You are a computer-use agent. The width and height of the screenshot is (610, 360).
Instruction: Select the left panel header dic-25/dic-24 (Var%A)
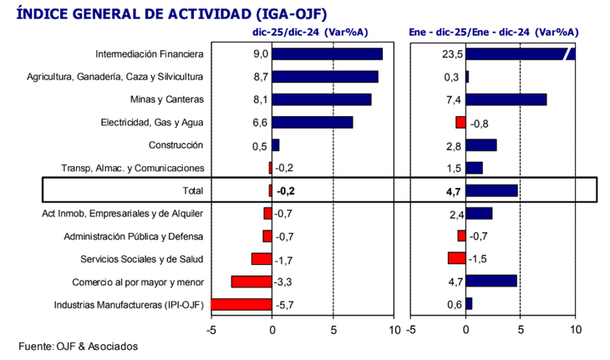tap(308, 33)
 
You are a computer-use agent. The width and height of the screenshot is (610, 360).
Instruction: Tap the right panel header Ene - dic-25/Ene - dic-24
tap(494, 33)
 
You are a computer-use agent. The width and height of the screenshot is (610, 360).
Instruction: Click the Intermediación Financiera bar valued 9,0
tap(328, 54)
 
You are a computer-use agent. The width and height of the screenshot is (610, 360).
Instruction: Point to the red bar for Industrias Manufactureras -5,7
tap(242, 304)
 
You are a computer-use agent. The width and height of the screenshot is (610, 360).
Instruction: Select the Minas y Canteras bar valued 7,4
tap(506, 99)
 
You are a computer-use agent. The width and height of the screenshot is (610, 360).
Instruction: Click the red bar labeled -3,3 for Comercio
tap(252, 281)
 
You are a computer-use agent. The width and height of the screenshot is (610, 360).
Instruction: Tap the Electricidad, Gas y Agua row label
tap(151, 123)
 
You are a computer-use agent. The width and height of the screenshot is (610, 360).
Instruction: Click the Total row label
tap(192, 190)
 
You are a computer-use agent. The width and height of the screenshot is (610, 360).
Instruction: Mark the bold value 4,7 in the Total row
tap(455, 190)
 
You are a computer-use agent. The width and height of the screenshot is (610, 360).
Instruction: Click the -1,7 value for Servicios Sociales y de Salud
tap(286, 259)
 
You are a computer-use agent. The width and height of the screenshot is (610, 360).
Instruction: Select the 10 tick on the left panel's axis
tap(394, 329)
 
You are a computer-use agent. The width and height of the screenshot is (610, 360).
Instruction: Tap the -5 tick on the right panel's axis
tap(409, 329)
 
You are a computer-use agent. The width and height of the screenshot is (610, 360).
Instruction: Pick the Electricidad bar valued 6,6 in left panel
tap(313, 123)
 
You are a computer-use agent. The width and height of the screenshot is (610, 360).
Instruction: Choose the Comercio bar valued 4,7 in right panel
tap(491, 281)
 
